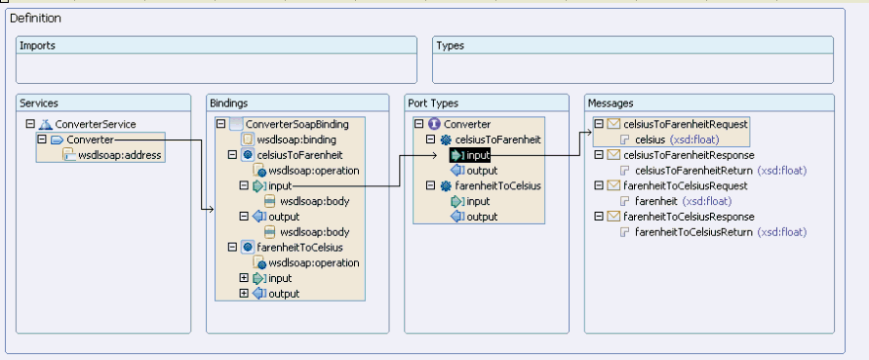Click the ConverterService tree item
[96, 124]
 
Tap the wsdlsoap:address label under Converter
[120, 155]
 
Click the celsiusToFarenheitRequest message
[686, 124]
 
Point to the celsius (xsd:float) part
[677, 140]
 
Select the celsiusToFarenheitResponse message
[689, 155]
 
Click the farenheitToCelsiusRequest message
[686, 185]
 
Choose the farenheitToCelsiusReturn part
[693, 232]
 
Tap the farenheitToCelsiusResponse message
[689, 217]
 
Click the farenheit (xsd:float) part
[684, 201]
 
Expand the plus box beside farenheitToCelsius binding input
[244, 278]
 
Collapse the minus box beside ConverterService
[30, 124]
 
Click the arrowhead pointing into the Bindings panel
[211, 209]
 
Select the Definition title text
[35, 19]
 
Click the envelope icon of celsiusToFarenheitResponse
[613, 155]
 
